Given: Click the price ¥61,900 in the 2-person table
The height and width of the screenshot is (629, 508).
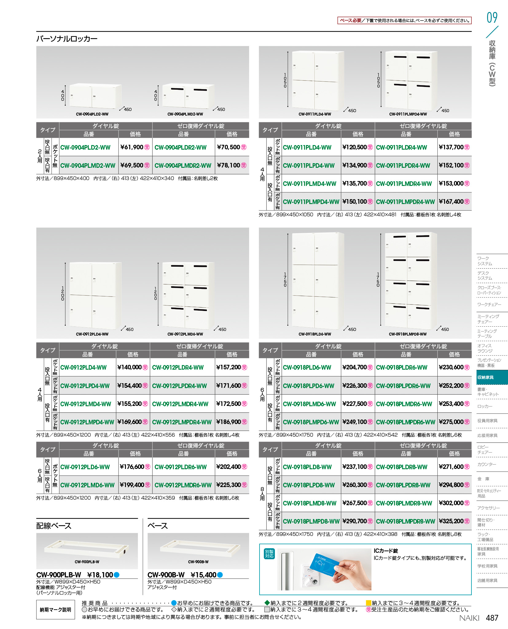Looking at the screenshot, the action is pos(132,147).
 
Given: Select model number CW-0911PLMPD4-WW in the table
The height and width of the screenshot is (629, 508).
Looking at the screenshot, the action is pos(311,202).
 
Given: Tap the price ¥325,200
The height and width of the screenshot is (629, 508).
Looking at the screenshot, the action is pos(451,521).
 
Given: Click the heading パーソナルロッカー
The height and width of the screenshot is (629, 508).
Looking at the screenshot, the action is pos(67,39).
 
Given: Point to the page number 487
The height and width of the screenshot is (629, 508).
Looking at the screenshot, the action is pos(492,618).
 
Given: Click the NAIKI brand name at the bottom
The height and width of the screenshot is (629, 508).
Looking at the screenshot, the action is pos(469,618).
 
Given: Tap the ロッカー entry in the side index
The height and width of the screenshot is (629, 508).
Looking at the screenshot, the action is pos(485,406).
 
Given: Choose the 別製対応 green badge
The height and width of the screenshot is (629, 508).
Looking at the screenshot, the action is pos(269,554).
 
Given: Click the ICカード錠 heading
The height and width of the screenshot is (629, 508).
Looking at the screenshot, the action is pos(386,551).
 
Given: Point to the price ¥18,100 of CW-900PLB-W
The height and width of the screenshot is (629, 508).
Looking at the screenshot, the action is pos(100,575).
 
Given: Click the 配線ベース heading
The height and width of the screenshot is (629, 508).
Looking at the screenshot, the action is pos(54,526).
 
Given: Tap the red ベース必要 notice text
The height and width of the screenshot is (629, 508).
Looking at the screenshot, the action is pos(351,21).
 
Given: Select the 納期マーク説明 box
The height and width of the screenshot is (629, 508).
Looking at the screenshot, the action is pos(56,610).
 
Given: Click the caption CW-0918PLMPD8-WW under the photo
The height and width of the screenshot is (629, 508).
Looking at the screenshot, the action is pos(408,334).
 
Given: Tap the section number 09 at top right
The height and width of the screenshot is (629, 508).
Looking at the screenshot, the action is pos(492,18).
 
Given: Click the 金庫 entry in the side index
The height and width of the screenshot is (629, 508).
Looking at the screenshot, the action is pos(483,479).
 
